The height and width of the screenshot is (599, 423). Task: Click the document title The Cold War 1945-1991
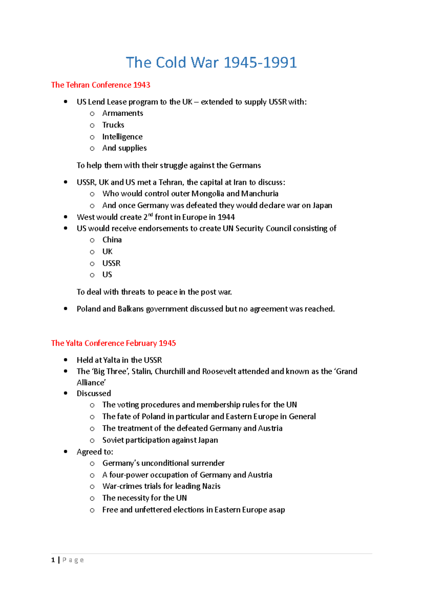pyautogui.click(x=211, y=62)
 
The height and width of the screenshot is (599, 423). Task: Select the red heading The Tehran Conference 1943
pyautogui.click(x=100, y=85)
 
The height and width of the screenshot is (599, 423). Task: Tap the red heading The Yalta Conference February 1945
pyautogui.click(x=113, y=343)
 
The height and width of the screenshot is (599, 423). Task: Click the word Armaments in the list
pyautogui.click(x=123, y=113)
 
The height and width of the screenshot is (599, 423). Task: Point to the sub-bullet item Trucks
pyautogui.click(x=113, y=125)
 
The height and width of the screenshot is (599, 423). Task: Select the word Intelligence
pyautogui.click(x=122, y=137)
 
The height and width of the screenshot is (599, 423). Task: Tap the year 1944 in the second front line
pyautogui.click(x=226, y=217)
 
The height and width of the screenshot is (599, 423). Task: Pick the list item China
pyautogui.click(x=112, y=240)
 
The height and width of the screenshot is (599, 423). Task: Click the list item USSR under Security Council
pyautogui.click(x=111, y=264)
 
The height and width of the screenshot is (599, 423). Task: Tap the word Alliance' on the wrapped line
pyautogui.click(x=91, y=383)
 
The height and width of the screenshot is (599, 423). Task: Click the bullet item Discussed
pyautogui.click(x=94, y=394)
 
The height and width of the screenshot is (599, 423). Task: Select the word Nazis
pyautogui.click(x=211, y=486)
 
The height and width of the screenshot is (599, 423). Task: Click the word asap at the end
pyautogui.click(x=277, y=510)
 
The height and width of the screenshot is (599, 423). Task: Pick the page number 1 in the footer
pyautogui.click(x=53, y=560)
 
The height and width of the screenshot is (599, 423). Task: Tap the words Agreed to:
pyautogui.click(x=95, y=452)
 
